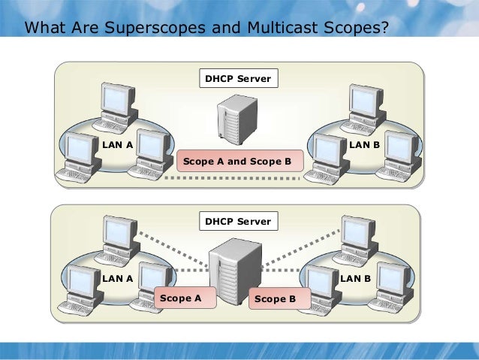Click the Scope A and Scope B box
pos(238,161)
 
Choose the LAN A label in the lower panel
pos(117,278)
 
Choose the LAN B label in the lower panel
pos(356,278)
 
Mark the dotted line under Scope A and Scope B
pos(238,178)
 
